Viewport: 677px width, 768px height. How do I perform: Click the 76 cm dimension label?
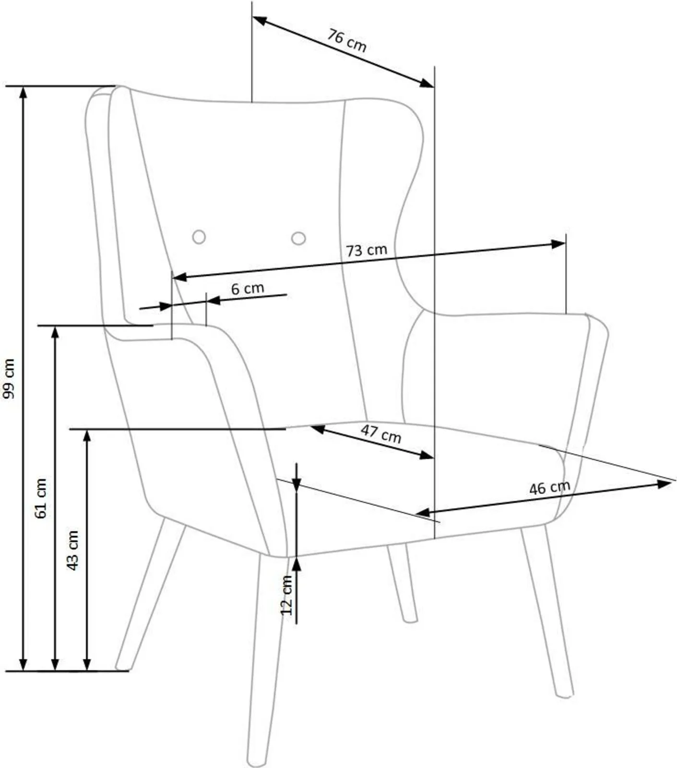pos(347,40)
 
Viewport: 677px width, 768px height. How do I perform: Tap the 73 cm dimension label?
pos(366,250)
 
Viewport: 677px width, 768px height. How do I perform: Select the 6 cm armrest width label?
pos(248,288)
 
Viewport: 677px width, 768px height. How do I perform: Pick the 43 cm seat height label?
pos(72,550)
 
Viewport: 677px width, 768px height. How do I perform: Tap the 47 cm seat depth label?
pos(381,434)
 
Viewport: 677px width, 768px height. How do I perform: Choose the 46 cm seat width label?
pos(550,488)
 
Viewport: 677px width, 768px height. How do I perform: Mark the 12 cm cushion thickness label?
pos(286,595)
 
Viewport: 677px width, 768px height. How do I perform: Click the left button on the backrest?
pos(199,236)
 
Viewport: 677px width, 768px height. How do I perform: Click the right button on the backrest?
pos(298,238)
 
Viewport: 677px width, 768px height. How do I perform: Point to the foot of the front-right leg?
pos(565,694)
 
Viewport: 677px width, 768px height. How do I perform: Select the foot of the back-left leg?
pos(122,667)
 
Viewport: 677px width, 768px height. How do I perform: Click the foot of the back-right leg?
pos(410,619)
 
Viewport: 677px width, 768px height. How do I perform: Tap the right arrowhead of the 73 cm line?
pos(558,244)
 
